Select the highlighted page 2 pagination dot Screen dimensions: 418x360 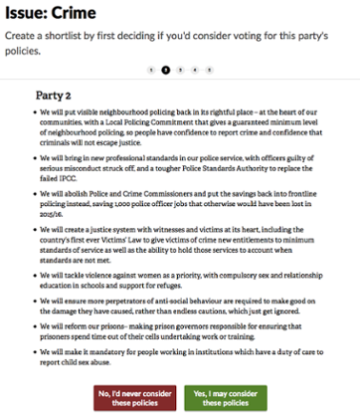(165, 70)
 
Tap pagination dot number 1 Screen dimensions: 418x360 (151, 70)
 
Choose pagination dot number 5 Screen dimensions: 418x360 (209, 70)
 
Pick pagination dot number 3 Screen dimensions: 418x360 (180, 70)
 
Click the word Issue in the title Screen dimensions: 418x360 (30, 14)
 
